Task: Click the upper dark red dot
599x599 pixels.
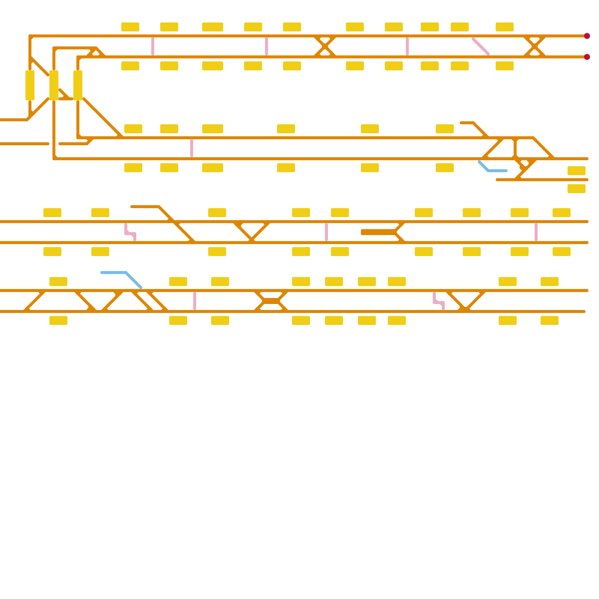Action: point(587,36)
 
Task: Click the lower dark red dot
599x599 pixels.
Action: point(587,57)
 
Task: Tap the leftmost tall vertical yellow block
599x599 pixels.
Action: point(30,85)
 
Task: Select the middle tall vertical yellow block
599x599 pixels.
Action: point(54,85)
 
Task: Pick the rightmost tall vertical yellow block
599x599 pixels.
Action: point(78,85)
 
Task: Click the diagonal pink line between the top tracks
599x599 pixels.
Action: point(481,46)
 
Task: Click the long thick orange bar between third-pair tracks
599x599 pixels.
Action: point(378,232)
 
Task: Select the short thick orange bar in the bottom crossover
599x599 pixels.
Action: point(271,301)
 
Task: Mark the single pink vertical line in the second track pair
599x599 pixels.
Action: point(192,148)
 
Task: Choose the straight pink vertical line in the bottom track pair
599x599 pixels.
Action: point(195,301)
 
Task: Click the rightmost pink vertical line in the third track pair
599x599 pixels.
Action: point(536,232)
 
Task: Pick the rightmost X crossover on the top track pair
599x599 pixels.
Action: point(535,46)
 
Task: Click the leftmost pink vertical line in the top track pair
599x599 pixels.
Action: point(153,46)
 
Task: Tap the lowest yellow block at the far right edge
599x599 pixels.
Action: point(577,189)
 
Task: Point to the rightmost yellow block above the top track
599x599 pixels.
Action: point(505,27)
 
